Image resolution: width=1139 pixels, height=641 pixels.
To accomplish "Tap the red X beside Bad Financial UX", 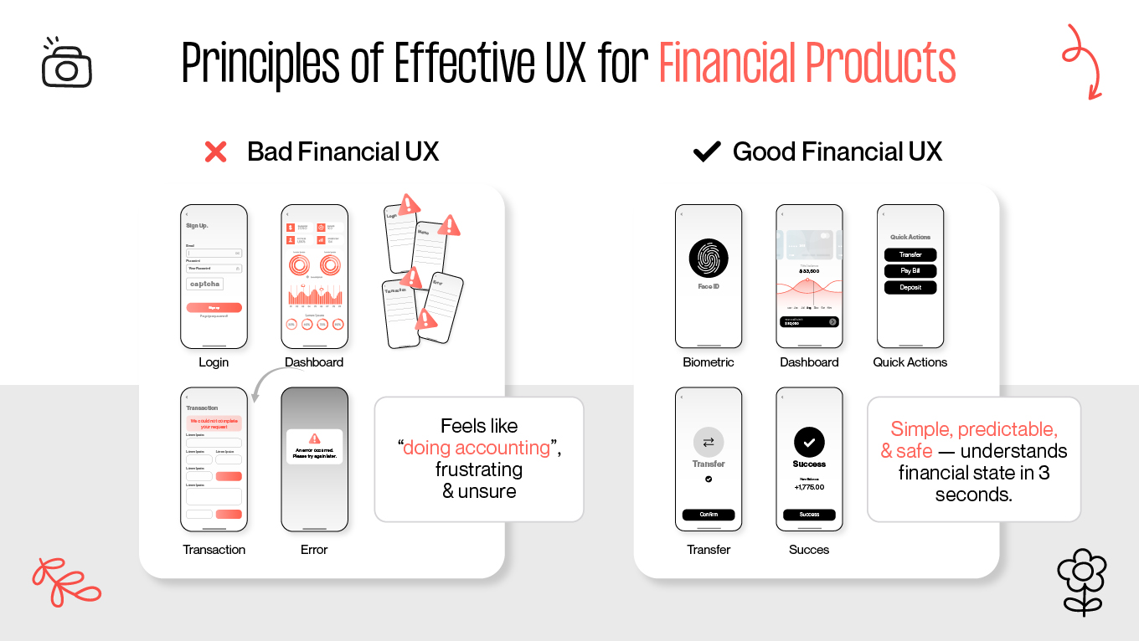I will click(x=216, y=152).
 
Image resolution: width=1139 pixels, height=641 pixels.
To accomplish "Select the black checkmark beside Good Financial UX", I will click(x=707, y=152).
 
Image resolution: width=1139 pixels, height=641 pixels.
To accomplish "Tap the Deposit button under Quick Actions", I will click(x=910, y=287).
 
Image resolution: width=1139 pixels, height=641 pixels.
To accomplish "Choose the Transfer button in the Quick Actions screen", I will click(x=910, y=254).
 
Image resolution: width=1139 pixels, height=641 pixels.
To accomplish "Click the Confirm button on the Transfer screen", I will click(x=709, y=515).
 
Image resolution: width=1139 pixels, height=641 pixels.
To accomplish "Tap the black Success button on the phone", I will click(x=809, y=515).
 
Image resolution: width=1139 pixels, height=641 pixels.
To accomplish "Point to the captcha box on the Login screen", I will click(x=205, y=285).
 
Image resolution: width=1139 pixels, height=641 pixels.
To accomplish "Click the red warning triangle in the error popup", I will click(x=315, y=438).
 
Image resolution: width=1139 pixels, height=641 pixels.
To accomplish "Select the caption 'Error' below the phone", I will click(x=314, y=550).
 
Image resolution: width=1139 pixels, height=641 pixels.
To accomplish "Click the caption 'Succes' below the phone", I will click(x=809, y=550).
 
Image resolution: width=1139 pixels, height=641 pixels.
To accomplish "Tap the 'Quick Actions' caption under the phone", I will click(x=910, y=362).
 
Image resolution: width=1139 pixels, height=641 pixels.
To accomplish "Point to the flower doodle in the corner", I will click(x=1082, y=581).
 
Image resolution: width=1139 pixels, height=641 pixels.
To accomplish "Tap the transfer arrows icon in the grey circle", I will click(x=709, y=443).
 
